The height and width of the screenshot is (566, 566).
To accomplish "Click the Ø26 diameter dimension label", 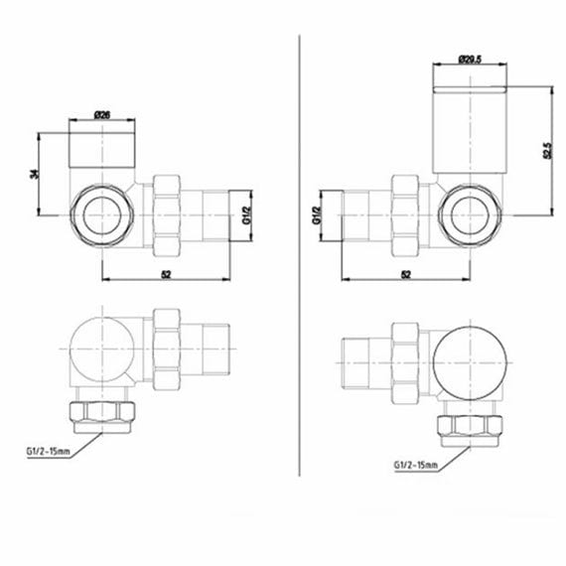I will [102, 115].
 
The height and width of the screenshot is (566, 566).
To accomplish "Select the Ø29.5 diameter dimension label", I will [471, 60].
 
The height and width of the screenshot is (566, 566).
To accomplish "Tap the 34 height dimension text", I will [36, 174].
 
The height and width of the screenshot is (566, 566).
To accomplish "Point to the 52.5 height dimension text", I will [546, 151].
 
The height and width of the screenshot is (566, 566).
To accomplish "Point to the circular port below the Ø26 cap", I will [102, 213].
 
